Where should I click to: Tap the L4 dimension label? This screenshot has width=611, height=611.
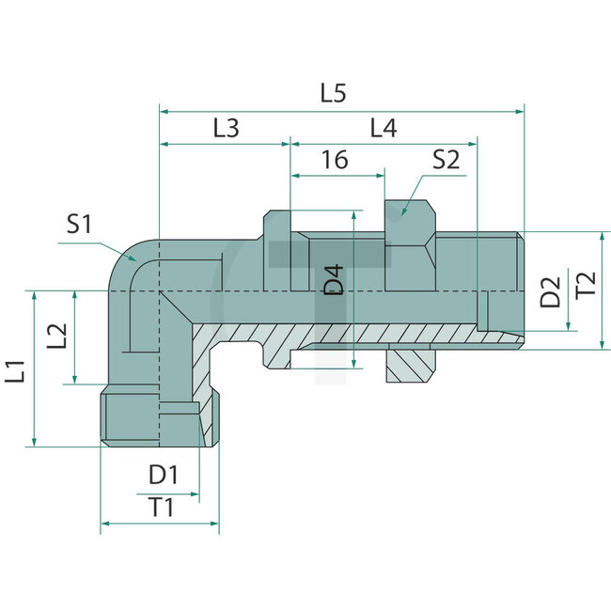point(383,129)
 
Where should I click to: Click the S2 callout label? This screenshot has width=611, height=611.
point(446,159)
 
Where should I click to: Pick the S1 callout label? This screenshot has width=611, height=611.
point(81,225)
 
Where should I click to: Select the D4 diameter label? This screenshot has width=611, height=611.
point(335,282)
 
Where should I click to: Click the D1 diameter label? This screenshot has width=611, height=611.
point(163,473)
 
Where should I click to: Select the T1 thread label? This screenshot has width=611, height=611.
point(163,508)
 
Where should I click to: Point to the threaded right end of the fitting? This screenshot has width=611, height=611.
point(503,282)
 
